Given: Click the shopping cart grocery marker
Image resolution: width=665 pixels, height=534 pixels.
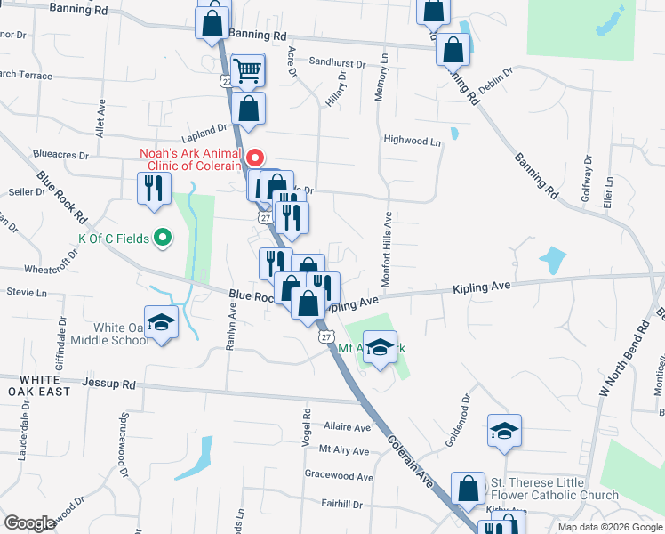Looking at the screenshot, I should (x=248, y=69).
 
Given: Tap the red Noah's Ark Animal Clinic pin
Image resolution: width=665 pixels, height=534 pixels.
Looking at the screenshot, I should (x=255, y=158).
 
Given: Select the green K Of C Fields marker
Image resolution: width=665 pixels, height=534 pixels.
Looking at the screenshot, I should (x=162, y=238).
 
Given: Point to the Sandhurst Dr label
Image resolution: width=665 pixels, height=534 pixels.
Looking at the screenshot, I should (x=338, y=63).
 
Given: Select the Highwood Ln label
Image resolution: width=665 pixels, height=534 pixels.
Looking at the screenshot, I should (x=412, y=141).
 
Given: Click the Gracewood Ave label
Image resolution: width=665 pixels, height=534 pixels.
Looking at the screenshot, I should (x=338, y=476).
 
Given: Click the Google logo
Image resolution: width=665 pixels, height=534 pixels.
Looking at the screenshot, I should (x=30, y=523).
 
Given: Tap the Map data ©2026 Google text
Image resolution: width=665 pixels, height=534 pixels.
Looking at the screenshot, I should (x=609, y=527).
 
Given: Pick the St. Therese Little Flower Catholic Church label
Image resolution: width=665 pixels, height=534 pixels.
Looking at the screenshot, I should (x=554, y=489).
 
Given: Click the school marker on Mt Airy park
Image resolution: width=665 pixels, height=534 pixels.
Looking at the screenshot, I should (x=380, y=347).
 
